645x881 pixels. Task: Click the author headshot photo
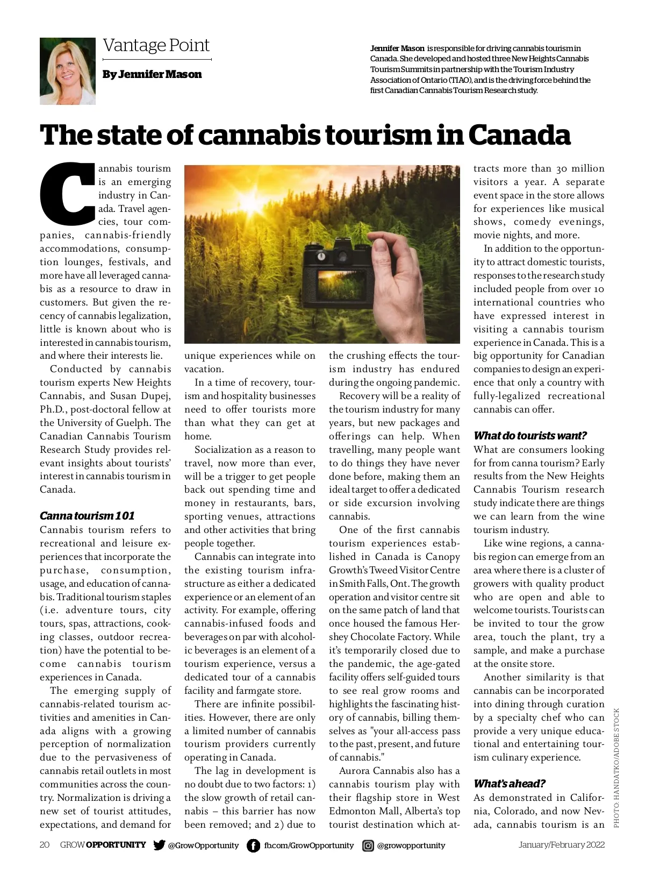tap(68, 70)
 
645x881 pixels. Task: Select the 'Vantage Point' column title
tap(156, 46)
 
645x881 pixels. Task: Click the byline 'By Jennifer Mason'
tap(152, 74)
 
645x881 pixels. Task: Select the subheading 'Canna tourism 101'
tap(87, 516)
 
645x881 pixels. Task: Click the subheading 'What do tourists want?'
tap(530, 435)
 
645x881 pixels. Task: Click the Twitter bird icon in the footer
tap(159, 845)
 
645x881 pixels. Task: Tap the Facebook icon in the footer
tap(253, 846)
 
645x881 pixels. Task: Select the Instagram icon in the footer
tap(368, 846)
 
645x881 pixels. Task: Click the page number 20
tap(45, 845)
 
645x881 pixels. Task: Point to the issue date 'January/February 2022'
tap(562, 845)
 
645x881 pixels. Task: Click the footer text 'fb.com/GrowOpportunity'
tap(309, 846)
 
